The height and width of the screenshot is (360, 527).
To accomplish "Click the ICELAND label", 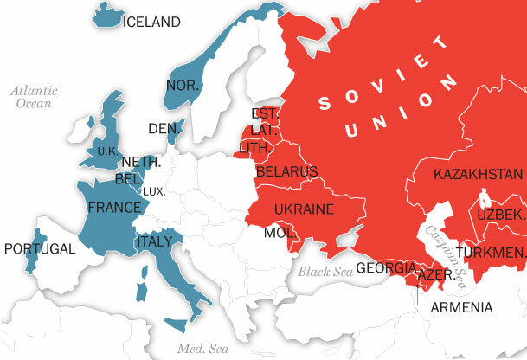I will click(x=152, y=22).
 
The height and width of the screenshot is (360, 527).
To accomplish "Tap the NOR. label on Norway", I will click(x=183, y=86).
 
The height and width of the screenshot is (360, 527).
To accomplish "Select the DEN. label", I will click(x=162, y=129).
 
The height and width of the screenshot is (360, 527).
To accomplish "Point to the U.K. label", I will click(x=106, y=151).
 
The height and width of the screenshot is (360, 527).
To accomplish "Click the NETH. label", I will click(x=140, y=163).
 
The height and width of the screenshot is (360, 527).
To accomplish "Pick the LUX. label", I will click(x=153, y=191).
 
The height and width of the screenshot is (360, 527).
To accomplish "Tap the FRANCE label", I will click(x=113, y=208).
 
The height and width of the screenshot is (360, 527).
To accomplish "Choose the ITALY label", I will click(x=154, y=241).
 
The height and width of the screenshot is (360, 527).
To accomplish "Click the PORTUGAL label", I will click(x=40, y=248).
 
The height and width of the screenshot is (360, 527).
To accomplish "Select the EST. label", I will click(x=262, y=113).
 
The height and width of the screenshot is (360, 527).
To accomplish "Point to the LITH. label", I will click(x=254, y=148).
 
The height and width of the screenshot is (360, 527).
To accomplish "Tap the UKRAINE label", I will click(x=304, y=209).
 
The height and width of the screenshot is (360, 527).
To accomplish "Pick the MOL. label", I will click(x=280, y=234).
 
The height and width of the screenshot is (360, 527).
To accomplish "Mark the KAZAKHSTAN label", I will click(x=479, y=175).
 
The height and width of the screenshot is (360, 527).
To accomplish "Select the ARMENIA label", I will click(x=461, y=307).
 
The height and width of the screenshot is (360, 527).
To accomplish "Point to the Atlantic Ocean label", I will click(x=34, y=96).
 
